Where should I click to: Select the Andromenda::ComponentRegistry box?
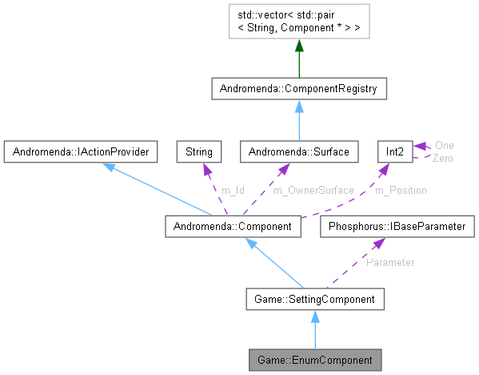[299, 88]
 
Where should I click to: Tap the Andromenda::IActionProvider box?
[78, 150]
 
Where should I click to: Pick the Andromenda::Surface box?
[297, 150]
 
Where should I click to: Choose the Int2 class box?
[394, 150]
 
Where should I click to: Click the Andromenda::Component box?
[234, 227]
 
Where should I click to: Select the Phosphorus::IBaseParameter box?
[395, 227]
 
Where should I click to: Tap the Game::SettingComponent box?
[315, 300]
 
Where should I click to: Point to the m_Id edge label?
[234, 190]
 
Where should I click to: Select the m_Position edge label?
[401, 190]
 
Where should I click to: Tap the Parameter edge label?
[390, 262]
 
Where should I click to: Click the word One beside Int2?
[444, 145]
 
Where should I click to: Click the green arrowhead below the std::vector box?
[299, 49]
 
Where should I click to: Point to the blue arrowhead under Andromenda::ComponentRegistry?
[298, 107]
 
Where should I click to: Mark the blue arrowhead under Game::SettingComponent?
[315, 318]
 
